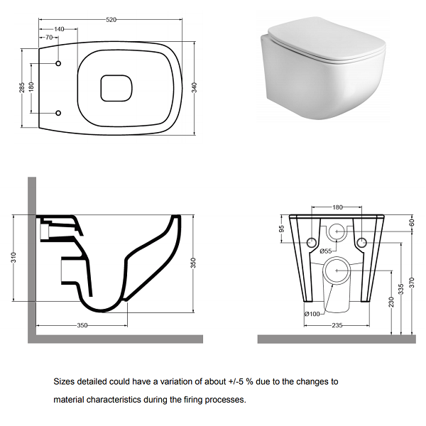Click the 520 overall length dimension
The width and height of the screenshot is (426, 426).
111,20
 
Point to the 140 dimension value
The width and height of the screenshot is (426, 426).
59,29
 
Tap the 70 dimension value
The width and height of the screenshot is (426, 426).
49,37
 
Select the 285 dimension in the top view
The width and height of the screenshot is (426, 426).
22,87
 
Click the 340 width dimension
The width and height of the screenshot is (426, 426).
195,87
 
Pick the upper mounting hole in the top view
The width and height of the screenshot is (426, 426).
58,63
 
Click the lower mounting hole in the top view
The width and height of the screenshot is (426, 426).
58,113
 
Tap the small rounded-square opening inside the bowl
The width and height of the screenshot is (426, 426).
116,88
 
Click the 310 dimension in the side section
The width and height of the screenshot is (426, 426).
14,257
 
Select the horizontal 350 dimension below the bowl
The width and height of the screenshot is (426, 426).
82,325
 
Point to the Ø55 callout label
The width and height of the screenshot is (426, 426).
325,251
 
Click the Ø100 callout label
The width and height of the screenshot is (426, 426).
312,314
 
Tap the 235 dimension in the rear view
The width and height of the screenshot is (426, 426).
337,325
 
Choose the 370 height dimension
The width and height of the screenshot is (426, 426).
412,283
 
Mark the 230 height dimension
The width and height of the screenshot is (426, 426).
391,302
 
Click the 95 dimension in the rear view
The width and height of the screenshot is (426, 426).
282,229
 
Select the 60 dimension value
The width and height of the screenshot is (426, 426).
412,222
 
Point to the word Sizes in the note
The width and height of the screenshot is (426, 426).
64,382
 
